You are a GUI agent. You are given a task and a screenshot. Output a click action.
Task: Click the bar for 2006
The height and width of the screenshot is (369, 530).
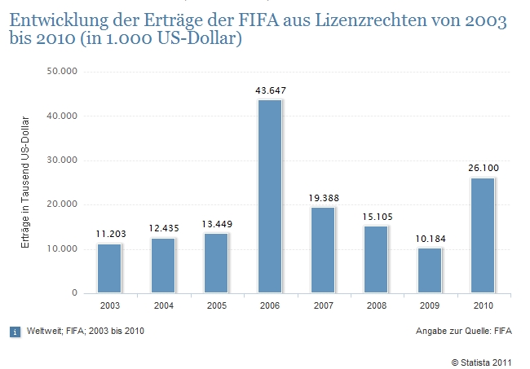click(269, 195)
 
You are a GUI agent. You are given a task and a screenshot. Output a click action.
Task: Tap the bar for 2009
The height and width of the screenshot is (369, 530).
click(430, 270)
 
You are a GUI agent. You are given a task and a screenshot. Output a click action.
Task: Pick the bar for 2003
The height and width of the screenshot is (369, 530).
click(109, 268)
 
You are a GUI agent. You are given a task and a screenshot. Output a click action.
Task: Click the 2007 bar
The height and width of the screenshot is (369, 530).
click(323, 249)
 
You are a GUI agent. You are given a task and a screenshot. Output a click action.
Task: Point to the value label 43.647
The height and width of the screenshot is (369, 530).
click(270, 90)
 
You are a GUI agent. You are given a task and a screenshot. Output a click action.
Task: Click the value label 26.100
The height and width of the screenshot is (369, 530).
click(484, 168)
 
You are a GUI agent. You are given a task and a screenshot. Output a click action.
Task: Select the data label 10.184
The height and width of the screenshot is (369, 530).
click(430, 239)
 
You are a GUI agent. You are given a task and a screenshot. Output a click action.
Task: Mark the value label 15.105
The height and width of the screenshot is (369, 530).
click(377, 217)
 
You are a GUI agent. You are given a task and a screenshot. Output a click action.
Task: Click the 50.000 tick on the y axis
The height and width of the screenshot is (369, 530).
click(62, 72)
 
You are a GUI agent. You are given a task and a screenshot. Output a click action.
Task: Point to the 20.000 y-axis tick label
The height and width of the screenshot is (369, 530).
click(62, 204)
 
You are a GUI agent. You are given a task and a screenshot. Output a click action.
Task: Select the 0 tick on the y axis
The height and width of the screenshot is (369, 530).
click(73, 293)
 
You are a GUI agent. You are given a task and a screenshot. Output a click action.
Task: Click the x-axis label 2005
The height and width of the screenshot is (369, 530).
click(216, 305)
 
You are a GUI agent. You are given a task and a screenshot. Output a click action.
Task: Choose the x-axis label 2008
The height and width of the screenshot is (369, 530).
click(377, 305)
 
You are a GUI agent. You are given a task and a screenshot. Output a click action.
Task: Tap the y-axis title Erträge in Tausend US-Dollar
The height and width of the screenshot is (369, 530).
click(25, 181)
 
